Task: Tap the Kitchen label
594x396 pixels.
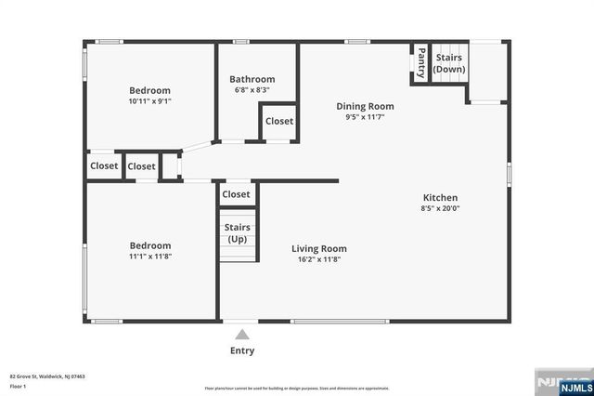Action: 440,198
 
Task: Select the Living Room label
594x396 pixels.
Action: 318,248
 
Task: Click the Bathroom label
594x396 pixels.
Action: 252,80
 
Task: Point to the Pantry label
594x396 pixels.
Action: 421,63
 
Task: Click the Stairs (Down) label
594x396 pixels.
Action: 449,63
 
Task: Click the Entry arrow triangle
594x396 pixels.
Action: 241,334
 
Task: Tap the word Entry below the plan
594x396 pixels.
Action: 241,350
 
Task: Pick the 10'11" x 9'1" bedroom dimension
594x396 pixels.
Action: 149,101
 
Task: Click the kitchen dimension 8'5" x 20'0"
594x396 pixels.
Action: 440,208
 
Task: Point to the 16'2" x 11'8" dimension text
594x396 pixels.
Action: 318,259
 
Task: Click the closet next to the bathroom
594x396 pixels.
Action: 279,122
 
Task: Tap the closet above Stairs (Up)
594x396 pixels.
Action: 236,194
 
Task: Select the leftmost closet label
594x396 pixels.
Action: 104,166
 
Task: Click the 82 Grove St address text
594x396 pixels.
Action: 47,376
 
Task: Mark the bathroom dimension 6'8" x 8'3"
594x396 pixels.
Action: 252,90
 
